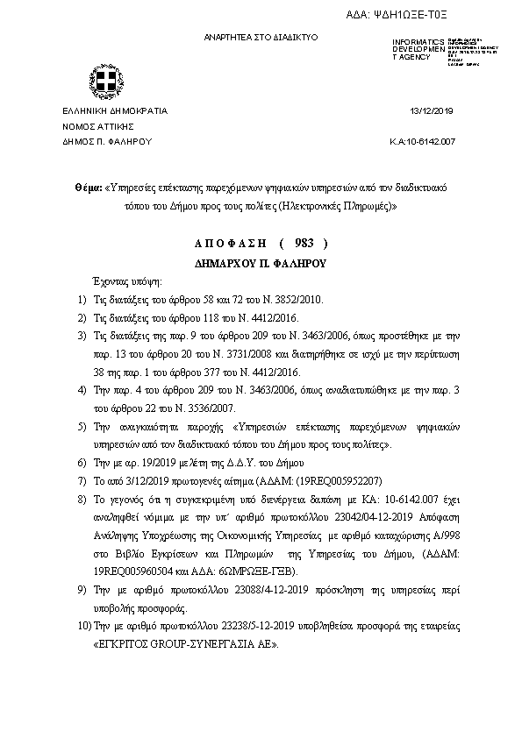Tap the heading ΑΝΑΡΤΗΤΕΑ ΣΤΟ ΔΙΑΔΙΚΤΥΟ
(261, 38)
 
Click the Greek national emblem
(104, 84)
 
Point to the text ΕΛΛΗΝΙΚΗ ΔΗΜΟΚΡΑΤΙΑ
(114, 111)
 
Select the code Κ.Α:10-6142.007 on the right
(422, 141)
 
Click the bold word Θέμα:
(88, 188)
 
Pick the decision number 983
(297, 243)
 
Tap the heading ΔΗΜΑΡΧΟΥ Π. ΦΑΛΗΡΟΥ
(260, 262)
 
